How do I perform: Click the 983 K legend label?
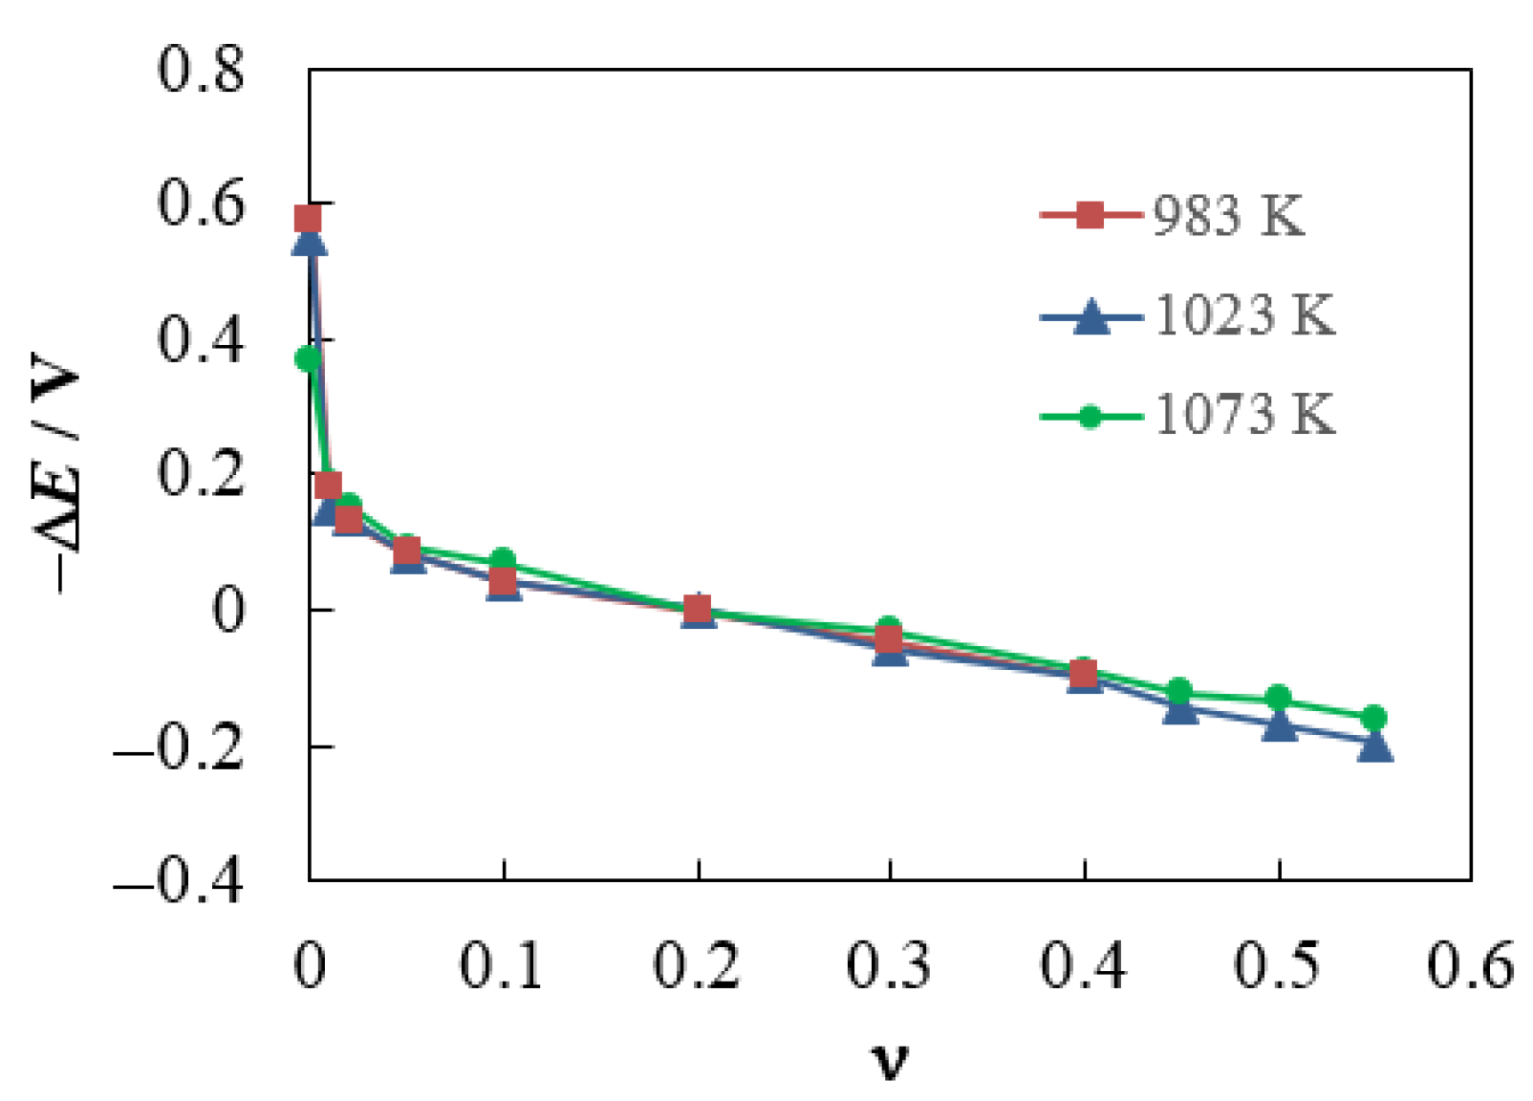[1228, 216]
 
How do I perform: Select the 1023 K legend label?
[1244, 315]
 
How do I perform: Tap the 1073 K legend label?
[1244, 415]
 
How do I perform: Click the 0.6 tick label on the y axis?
[201, 205]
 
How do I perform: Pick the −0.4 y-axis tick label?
[180, 880]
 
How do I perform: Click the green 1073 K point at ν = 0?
[308, 359]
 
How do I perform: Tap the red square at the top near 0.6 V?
[308, 219]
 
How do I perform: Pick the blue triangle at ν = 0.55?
[1374, 745]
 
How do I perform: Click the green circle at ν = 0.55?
[1374, 718]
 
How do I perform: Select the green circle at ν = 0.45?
[1180, 690]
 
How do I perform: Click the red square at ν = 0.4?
[1083, 675]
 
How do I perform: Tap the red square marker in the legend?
[1090, 215]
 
